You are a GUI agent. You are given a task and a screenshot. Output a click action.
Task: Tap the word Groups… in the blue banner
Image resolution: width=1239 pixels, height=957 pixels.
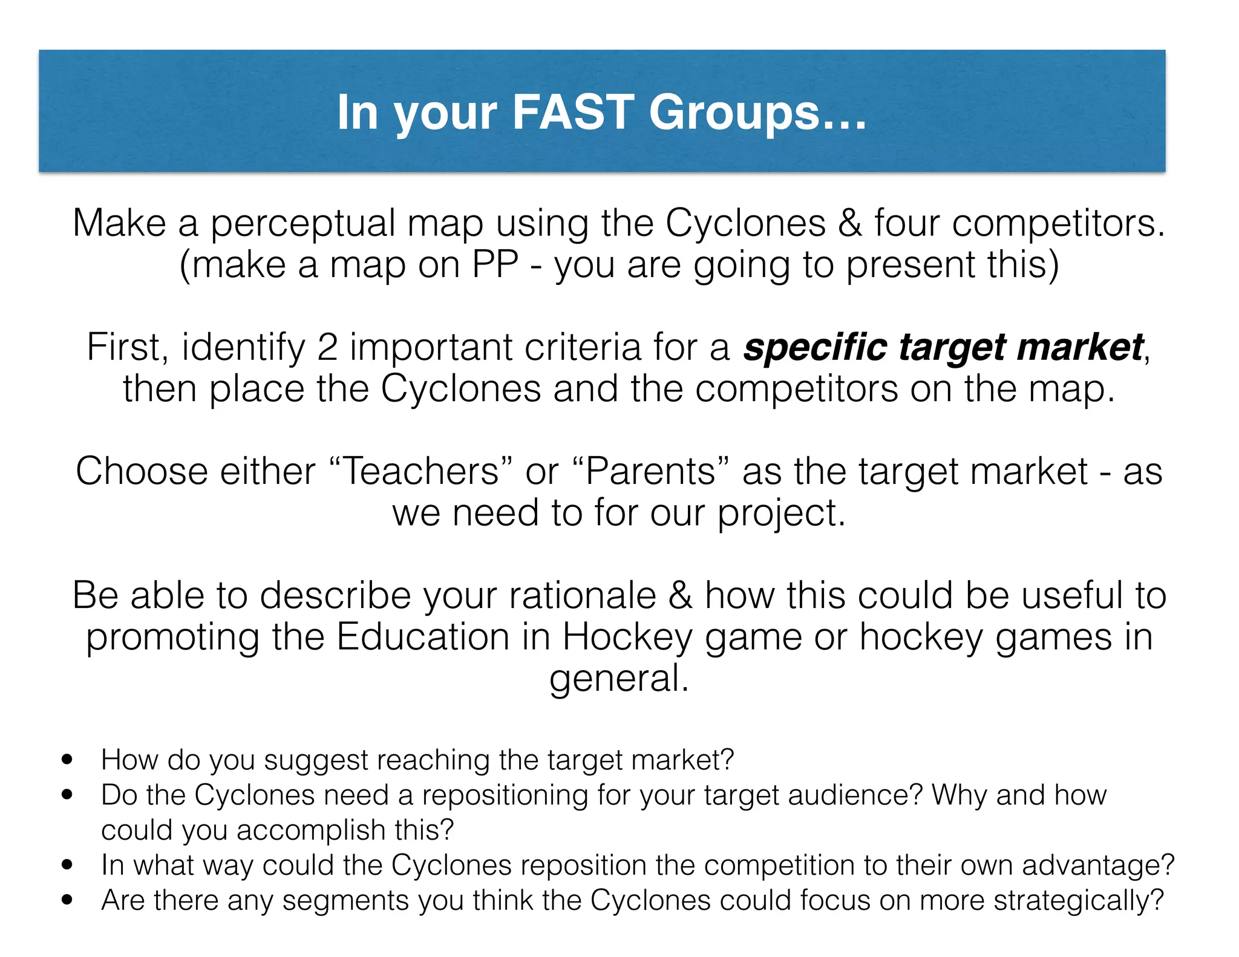pos(757,113)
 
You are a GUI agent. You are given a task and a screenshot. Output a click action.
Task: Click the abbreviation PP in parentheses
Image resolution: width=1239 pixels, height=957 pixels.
pos(495,264)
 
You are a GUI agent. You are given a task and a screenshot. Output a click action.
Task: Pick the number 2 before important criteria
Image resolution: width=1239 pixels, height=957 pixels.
pos(327,347)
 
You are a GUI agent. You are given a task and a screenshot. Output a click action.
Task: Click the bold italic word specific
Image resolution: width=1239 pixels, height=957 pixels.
pos(814,348)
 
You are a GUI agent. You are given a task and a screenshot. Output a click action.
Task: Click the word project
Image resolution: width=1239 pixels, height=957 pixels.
pos(781,514)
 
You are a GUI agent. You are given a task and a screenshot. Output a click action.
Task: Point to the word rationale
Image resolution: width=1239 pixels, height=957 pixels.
pos(582,595)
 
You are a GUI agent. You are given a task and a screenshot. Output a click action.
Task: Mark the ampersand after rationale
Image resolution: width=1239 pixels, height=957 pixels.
pos(680,595)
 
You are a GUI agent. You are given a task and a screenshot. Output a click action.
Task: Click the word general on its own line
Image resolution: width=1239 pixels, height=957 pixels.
pos(618,679)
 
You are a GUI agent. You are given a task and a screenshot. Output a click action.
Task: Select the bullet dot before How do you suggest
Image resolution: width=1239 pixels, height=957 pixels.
pos(67,759)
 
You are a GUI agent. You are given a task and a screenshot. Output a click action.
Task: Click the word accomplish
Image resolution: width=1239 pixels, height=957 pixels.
pos(311,831)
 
